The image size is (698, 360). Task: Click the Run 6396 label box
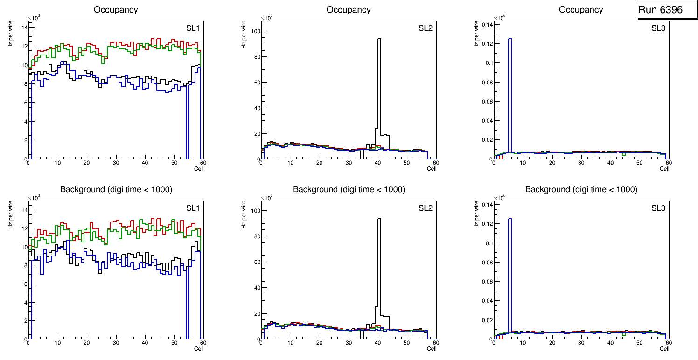tap(663, 10)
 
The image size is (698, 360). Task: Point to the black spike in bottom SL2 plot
tap(379, 261)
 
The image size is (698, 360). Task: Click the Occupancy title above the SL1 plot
tap(116, 10)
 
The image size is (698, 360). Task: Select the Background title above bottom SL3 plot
tap(581, 190)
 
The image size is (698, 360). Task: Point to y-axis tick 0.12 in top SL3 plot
tap(485, 43)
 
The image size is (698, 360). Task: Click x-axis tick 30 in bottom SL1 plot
tap(116, 343)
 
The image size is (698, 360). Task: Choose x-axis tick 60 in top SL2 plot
tap(435, 163)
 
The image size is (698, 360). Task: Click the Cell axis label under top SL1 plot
tap(199, 168)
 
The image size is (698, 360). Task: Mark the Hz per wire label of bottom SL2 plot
tap(244, 215)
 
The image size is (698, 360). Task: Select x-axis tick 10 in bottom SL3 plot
tap(523, 343)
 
